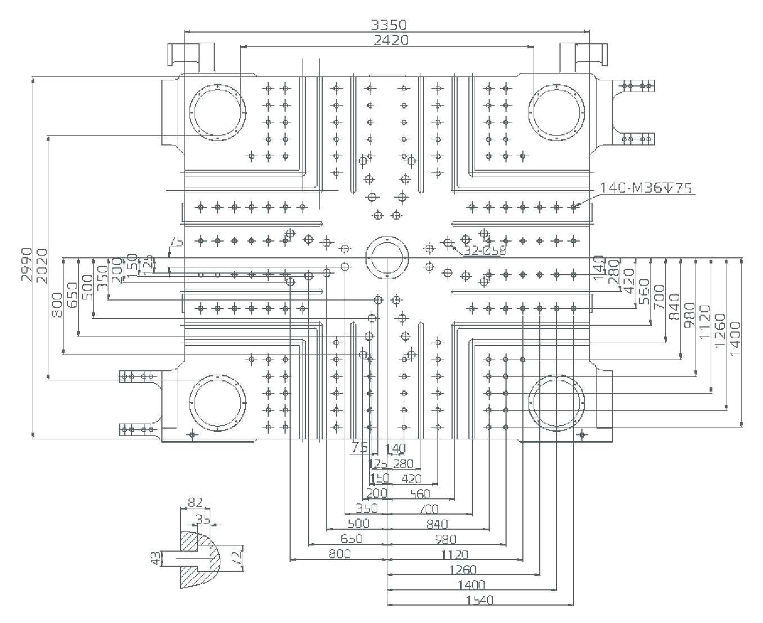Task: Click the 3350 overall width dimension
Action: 389,25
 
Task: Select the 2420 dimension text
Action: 391,40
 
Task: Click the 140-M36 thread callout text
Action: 646,188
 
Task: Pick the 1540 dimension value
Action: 480,600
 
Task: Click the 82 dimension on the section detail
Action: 195,502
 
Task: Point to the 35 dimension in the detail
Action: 203,519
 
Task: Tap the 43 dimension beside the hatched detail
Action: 156,558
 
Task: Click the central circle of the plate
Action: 387,258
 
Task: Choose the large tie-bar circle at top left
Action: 218,112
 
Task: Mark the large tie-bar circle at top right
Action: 557,112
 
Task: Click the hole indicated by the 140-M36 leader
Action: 574,207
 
